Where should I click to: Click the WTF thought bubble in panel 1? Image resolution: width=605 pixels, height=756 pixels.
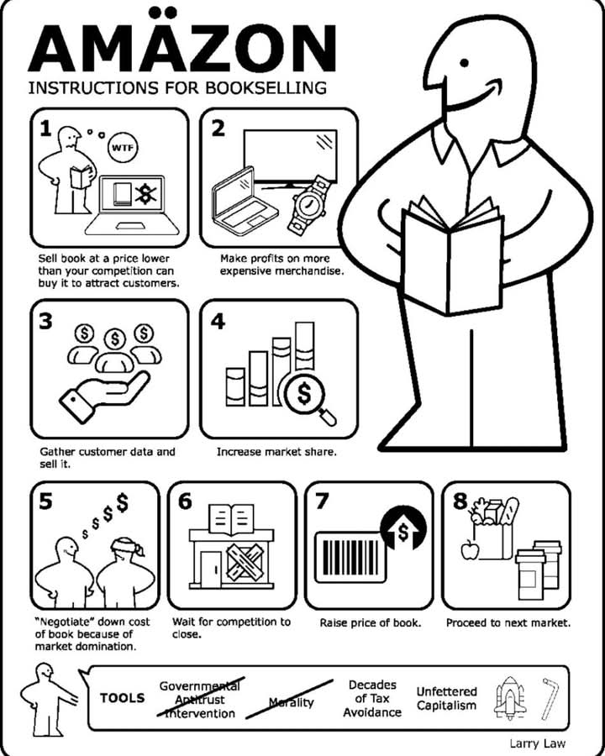point(122,147)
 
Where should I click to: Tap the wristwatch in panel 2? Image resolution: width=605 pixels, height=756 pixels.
point(308,204)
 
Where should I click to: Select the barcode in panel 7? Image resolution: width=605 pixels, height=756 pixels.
point(350,558)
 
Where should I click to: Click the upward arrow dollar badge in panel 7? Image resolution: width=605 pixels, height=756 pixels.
point(403,529)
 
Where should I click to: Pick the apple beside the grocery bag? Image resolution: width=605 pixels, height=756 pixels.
point(470,549)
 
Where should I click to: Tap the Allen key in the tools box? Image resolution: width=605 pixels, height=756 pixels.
point(550,699)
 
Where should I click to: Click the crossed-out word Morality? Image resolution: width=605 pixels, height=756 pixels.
point(291,702)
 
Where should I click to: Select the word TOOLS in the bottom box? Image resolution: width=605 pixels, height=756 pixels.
point(123,698)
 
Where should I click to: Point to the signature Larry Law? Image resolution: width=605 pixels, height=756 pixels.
point(538,743)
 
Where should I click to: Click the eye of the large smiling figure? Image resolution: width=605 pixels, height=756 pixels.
point(465,63)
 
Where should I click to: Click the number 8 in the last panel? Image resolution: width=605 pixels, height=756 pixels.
point(460,501)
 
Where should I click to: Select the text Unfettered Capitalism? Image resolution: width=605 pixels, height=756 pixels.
point(446,699)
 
